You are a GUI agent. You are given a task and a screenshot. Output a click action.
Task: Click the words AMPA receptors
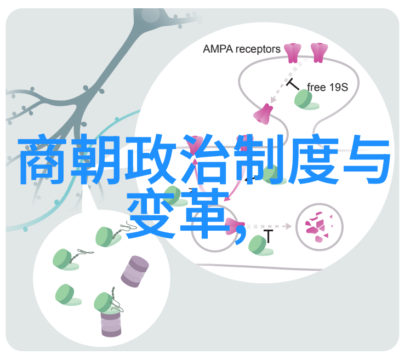click(241, 49)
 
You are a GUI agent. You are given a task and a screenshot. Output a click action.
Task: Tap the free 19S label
click(327, 87)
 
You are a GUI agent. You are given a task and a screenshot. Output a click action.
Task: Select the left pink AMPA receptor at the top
click(293, 53)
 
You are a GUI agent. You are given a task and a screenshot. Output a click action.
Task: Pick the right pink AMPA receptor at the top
click(319, 53)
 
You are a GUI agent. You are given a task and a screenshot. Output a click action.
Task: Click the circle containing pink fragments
click(319, 227)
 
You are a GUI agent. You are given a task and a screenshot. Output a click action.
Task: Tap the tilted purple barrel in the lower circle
click(135, 272)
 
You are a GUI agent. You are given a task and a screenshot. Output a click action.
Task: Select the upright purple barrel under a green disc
click(111, 324)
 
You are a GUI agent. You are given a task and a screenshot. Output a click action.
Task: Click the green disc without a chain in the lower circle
click(67, 295)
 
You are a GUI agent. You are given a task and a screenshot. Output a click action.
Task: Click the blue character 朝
click(96, 159)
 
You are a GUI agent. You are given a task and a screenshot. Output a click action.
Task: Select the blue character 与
click(367, 159)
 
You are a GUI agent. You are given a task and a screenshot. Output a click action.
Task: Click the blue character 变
click(151, 213)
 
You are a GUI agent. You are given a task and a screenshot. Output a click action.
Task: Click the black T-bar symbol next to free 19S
click(293, 84)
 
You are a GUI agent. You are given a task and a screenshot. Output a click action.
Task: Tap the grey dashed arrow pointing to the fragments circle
click(269, 226)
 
